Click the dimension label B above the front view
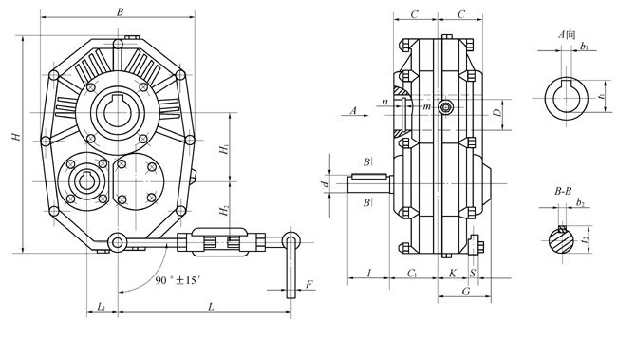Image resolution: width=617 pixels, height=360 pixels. pyautogui.click(x=120, y=12)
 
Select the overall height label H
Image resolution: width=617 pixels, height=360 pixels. pyautogui.click(x=16, y=137)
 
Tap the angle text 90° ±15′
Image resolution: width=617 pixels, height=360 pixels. pyautogui.click(x=178, y=280)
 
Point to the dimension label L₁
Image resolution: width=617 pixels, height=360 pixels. pyautogui.click(x=102, y=307)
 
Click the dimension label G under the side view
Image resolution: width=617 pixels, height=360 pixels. pyautogui.click(x=466, y=292)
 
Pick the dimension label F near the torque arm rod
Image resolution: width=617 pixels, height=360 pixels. pyautogui.click(x=308, y=284)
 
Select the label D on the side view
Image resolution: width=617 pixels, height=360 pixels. pyautogui.click(x=498, y=113)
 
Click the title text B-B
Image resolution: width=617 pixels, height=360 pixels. pyautogui.click(x=563, y=192)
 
